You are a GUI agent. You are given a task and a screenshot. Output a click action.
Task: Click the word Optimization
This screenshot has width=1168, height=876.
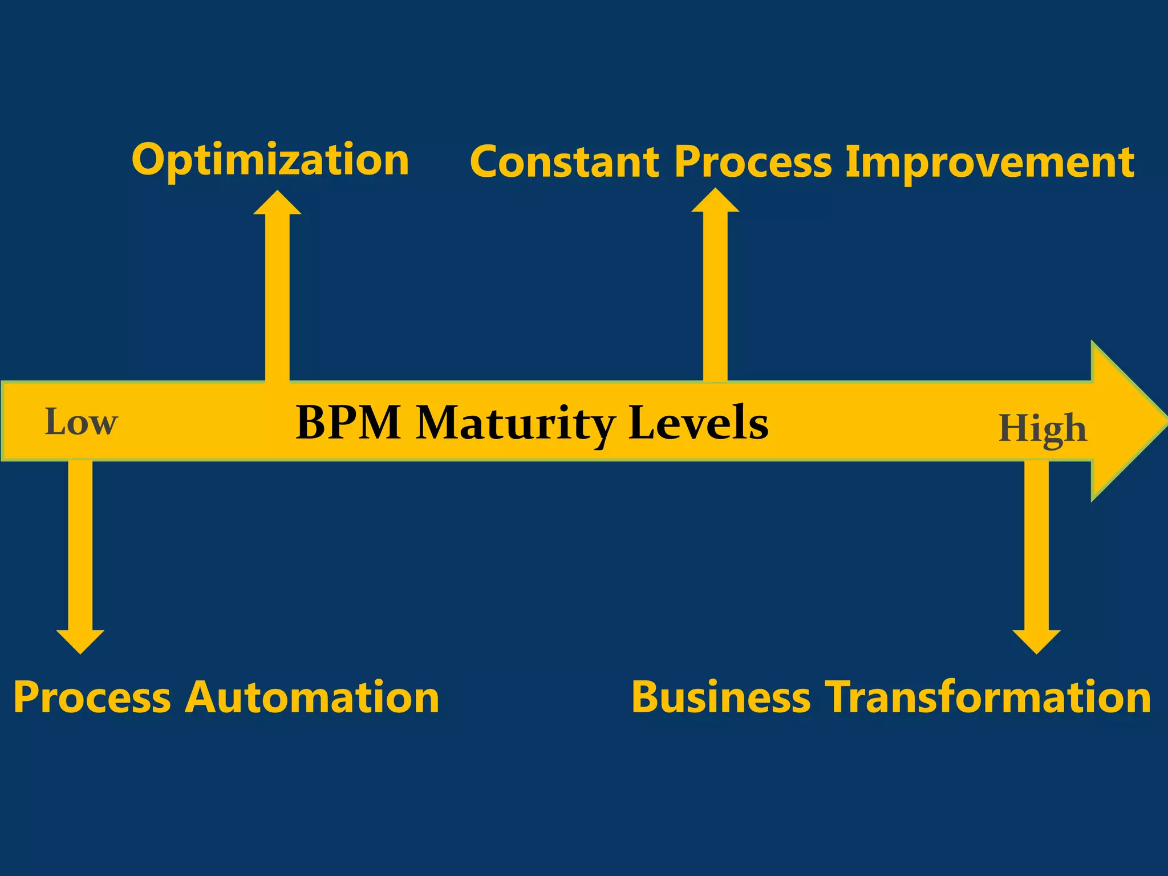pyautogui.click(x=270, y=160)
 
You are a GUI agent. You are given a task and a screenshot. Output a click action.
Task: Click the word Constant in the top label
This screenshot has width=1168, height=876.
pyautogui.click(x=564, y=163)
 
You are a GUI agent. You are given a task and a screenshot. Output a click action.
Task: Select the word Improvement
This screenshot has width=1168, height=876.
pyautogui.click(x=989, y=163)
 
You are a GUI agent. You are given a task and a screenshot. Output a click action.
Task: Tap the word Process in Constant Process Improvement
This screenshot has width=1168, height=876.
pyautogui.click(x=753, y=163)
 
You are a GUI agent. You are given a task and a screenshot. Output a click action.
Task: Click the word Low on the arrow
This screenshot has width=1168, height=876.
pyautogui.click(x=81, y=423)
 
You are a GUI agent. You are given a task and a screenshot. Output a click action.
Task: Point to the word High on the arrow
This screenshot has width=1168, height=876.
pyautogui.click(x=1043, y=429)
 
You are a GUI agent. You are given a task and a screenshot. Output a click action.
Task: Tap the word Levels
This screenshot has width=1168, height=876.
pyautogui.click(x=698, y=423)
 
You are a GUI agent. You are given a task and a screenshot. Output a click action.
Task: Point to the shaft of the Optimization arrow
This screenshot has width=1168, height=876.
pyautogui.click(x=277, y=297)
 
